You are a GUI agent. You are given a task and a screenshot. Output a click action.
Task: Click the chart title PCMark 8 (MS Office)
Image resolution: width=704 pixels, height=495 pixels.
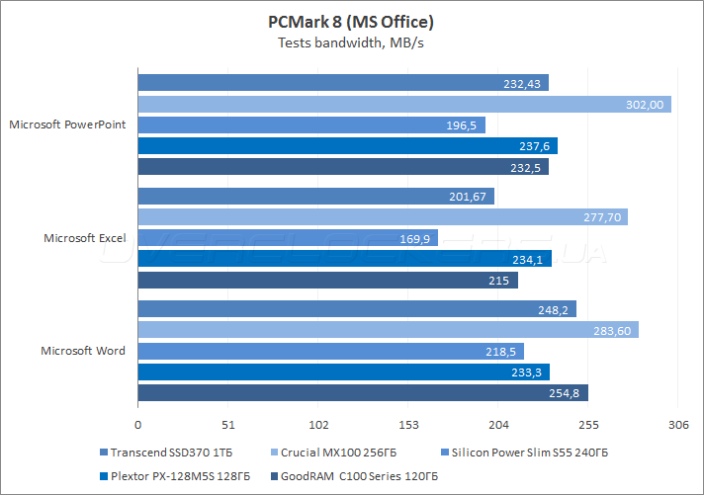tap(351, 21)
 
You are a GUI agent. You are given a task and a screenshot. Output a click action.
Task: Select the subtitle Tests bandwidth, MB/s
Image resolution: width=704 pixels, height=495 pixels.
tap(351, 42)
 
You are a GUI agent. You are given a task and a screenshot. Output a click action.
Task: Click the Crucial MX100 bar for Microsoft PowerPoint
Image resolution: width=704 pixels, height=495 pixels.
tap(404, 104)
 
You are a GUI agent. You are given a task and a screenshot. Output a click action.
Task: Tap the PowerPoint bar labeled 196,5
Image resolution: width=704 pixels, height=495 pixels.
tap(311, 125)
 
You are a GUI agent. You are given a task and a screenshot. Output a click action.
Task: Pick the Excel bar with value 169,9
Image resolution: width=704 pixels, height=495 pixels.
tap(288, 238)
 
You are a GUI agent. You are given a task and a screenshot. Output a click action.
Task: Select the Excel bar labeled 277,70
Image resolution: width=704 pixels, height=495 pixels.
tap(383, 217)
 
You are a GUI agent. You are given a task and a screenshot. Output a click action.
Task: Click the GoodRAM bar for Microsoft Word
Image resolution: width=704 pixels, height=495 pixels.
tap(363, 393)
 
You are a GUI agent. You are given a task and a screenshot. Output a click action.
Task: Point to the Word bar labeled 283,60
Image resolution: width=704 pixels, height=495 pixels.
tap(388, 330)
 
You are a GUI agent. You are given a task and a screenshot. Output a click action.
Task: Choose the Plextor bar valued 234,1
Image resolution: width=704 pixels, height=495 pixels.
tap(344, 260)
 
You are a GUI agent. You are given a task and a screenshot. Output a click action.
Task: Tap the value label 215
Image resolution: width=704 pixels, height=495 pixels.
tap(498, 281)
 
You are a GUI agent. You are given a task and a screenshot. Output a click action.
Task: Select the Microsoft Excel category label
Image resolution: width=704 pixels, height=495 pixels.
tap(84, 238)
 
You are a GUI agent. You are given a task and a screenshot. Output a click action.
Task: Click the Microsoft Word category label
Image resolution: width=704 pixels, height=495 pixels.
tap(83, 351)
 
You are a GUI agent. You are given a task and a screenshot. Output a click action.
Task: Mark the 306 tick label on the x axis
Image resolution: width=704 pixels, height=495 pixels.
tap(678, 425)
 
